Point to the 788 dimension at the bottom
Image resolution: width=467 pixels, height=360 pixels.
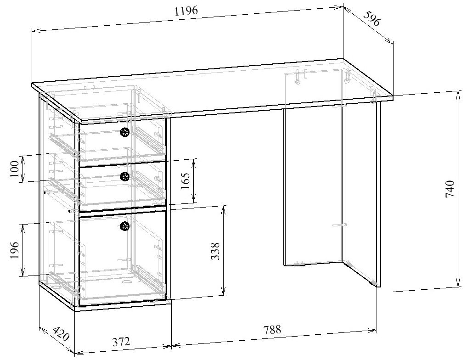272,329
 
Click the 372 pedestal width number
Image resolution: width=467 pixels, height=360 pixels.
121,342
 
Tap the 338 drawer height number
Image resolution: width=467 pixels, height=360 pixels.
214,251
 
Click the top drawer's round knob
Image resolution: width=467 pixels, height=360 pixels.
124,133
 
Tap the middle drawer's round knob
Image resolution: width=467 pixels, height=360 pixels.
124,176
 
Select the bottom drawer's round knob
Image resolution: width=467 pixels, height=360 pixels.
124,225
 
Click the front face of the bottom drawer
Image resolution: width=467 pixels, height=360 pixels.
122,262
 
